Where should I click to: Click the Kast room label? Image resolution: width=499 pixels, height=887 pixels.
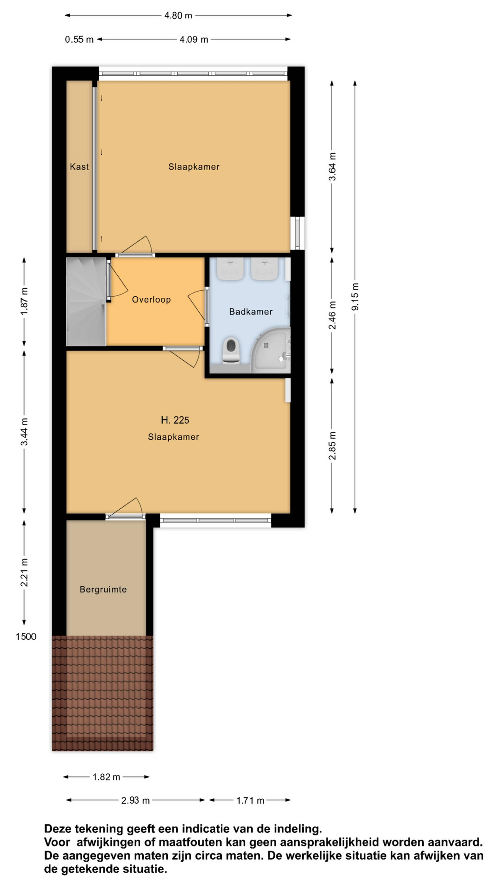[79, 167]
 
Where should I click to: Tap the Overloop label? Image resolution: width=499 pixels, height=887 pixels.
[151, 300]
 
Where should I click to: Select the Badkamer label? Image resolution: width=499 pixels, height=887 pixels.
[251, 312]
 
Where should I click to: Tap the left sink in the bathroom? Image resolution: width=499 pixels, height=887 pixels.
[230, 269]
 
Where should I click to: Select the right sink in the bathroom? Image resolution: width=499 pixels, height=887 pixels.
[264, 269]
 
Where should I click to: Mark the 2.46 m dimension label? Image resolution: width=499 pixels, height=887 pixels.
[332, 315]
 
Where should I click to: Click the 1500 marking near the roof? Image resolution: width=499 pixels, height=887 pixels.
[26, 636]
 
